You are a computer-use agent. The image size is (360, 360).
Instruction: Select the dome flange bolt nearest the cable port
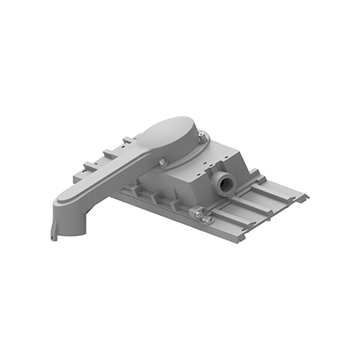(202, 136)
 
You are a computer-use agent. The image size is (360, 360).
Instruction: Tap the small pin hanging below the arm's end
(54, 238)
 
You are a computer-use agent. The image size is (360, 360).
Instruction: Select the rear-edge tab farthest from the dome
(88, 165)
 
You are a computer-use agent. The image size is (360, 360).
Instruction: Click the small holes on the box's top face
(216, 162)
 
